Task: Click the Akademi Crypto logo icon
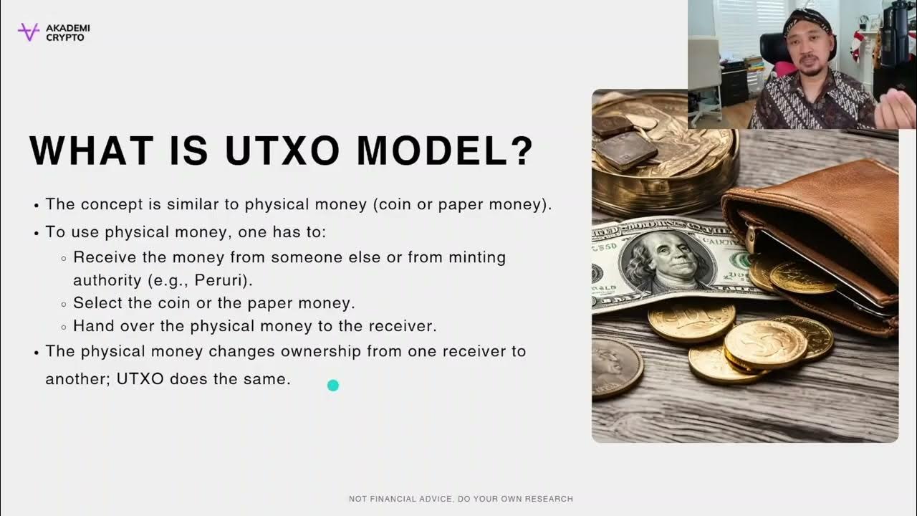[x=29, y=32]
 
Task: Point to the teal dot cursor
[x=332, y=386]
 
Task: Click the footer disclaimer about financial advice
[x=461, y=499]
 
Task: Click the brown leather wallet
[x=817, y=229]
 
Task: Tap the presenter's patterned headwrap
[x=808, y=19]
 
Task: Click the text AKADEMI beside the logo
[x=68, y=28]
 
